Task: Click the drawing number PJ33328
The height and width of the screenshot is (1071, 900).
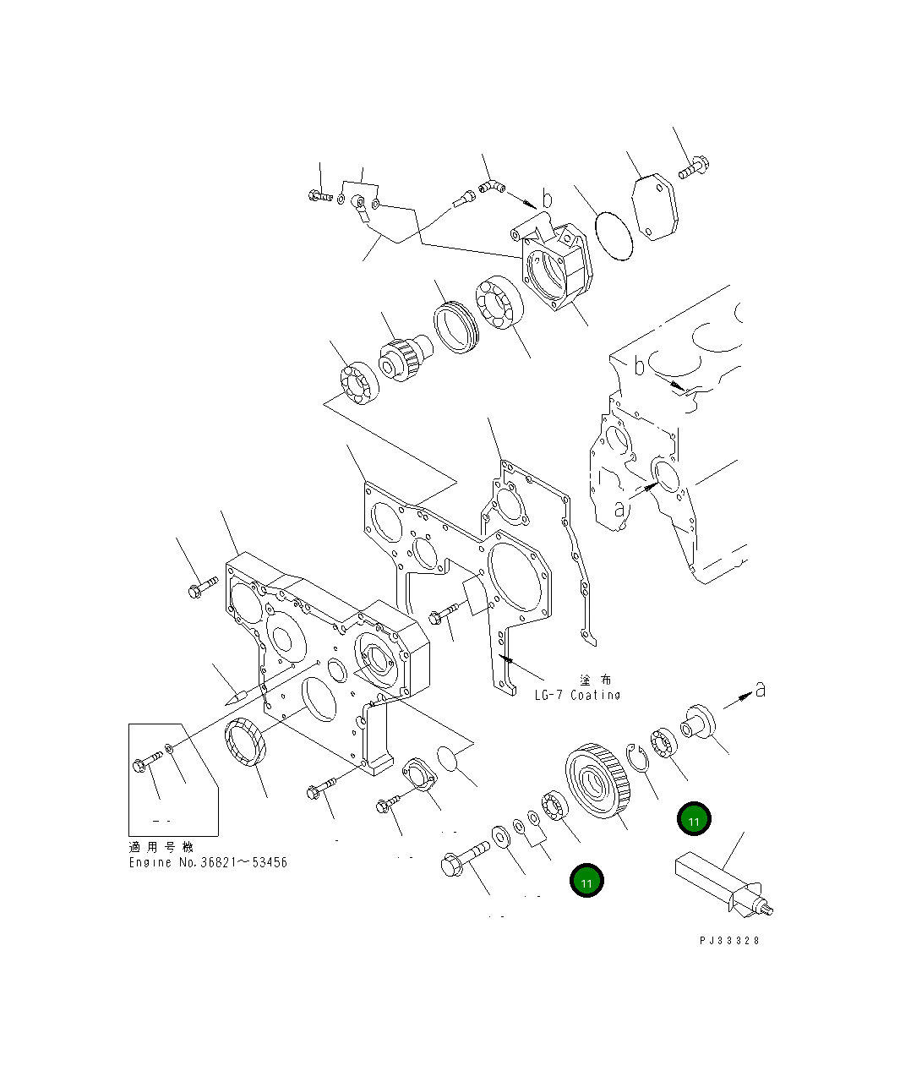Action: pyautogui.click(x=729, y=941)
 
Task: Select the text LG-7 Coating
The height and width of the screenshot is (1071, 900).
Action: pyautogui.click(x=577, y=695)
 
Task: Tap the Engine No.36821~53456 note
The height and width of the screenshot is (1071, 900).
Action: pyautogui.click(x=207, y=862)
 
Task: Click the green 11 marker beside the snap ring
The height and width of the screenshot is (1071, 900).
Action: pyautogui.click(x=693, y=819)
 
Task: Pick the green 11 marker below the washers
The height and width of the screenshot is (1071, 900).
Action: pyautogui.click(x=586, y=881)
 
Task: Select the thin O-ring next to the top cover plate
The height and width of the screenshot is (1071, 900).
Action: pyautogui.click(x=613, y=236)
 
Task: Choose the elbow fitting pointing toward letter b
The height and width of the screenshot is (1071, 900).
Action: pyautogui.click(x=491, y=186)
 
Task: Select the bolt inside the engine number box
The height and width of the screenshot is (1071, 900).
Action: pyautogui.click(x=146, y=762)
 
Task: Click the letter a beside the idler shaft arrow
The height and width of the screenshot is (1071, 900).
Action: pyautogui.click(x=760, y=690)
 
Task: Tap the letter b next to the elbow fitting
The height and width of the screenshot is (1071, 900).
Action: pyautogui.click(x=547, y=200)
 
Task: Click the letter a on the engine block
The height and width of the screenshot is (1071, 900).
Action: pyautogui.click(x=619, y=509)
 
